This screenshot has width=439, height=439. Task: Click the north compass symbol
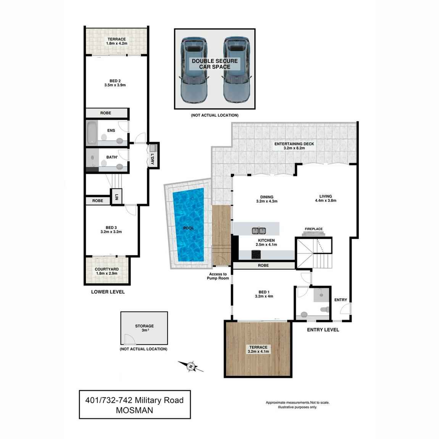point(191,366)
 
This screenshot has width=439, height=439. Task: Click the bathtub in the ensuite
point(92,132)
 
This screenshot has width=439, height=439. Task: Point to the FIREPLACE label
point(313,229)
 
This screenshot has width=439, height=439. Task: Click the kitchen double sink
point(259,230)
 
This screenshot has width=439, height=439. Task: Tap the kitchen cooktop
point(256,254)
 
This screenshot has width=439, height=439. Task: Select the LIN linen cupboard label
point(116,197)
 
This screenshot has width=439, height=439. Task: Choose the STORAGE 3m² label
point(144,328)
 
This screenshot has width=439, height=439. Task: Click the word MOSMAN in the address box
point(134,410)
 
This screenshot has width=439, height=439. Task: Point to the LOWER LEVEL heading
point(108,292)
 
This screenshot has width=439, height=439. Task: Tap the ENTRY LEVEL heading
point(323,329)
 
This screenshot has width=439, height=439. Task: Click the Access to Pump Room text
point(218,276)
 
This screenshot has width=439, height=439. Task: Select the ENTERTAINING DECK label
point(294,146)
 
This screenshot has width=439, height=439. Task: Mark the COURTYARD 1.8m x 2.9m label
point(107,271)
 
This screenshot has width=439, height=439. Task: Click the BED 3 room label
point(111,229)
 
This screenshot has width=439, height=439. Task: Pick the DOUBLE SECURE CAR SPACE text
point(215,64)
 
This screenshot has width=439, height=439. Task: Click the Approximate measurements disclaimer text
point(297,405)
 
